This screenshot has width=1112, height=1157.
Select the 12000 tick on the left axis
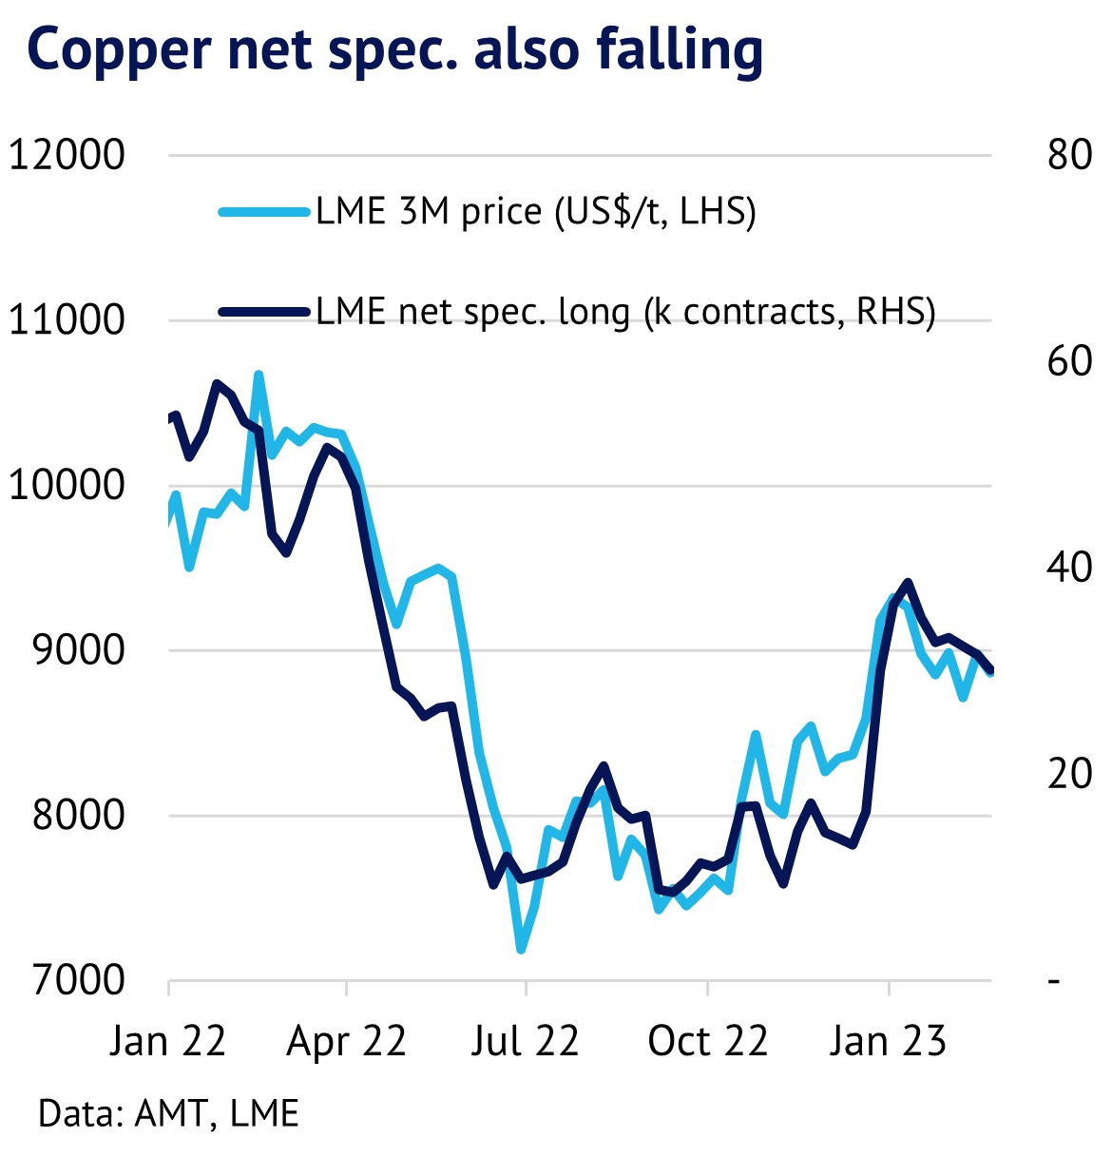(x=67, y=154)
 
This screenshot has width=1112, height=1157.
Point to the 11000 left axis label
(x=67, y=319)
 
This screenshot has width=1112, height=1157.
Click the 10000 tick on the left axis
(x=67, y=485)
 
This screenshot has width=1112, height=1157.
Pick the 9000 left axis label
(x=79, y=650)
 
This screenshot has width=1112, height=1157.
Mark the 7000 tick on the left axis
(x=79, y=980)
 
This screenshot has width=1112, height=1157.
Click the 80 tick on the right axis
(x=1069, y=154)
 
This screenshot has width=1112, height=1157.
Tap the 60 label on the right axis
(x=1069, y=360)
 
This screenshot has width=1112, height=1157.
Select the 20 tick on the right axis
(x=1069, y=774)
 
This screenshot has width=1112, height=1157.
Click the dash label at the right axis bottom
(x=1054, y=980)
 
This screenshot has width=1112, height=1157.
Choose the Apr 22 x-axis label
(x=346, y=1042)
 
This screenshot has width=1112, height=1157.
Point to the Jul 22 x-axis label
(x=525, y=1042)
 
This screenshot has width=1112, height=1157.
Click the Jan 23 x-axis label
(x=888, y=1042)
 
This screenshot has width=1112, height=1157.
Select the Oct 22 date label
(x=707, y=1042)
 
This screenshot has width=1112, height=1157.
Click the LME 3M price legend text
(x=536, y=211)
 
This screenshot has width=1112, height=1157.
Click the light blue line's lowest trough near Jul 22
(x=520, y=948)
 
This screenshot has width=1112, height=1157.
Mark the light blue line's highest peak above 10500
(x=258, y=376)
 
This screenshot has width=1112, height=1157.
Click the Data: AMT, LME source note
(x=169, y=1113)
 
